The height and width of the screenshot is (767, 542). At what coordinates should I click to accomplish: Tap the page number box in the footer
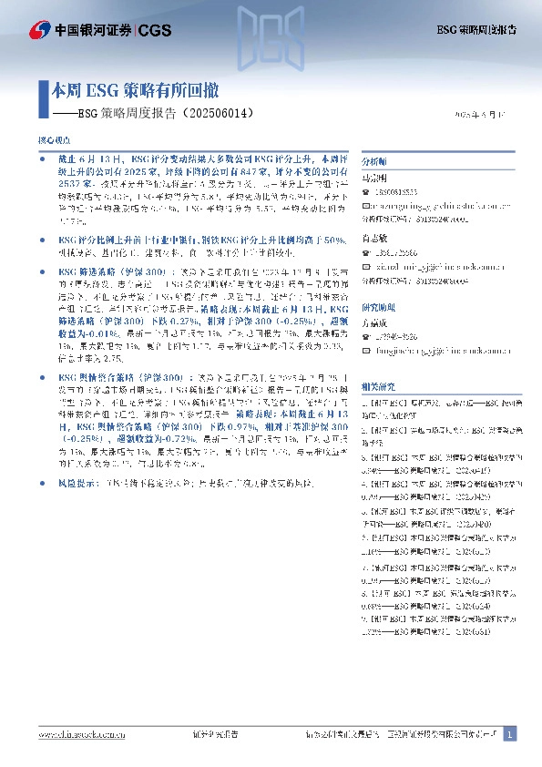tap(510, 734)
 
